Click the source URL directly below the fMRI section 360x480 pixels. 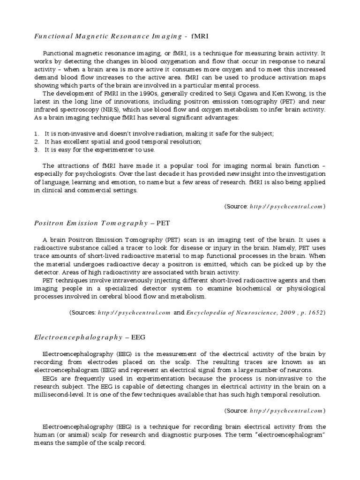(x=286, y=206)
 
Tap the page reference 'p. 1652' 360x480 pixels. (x=309, y=313)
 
